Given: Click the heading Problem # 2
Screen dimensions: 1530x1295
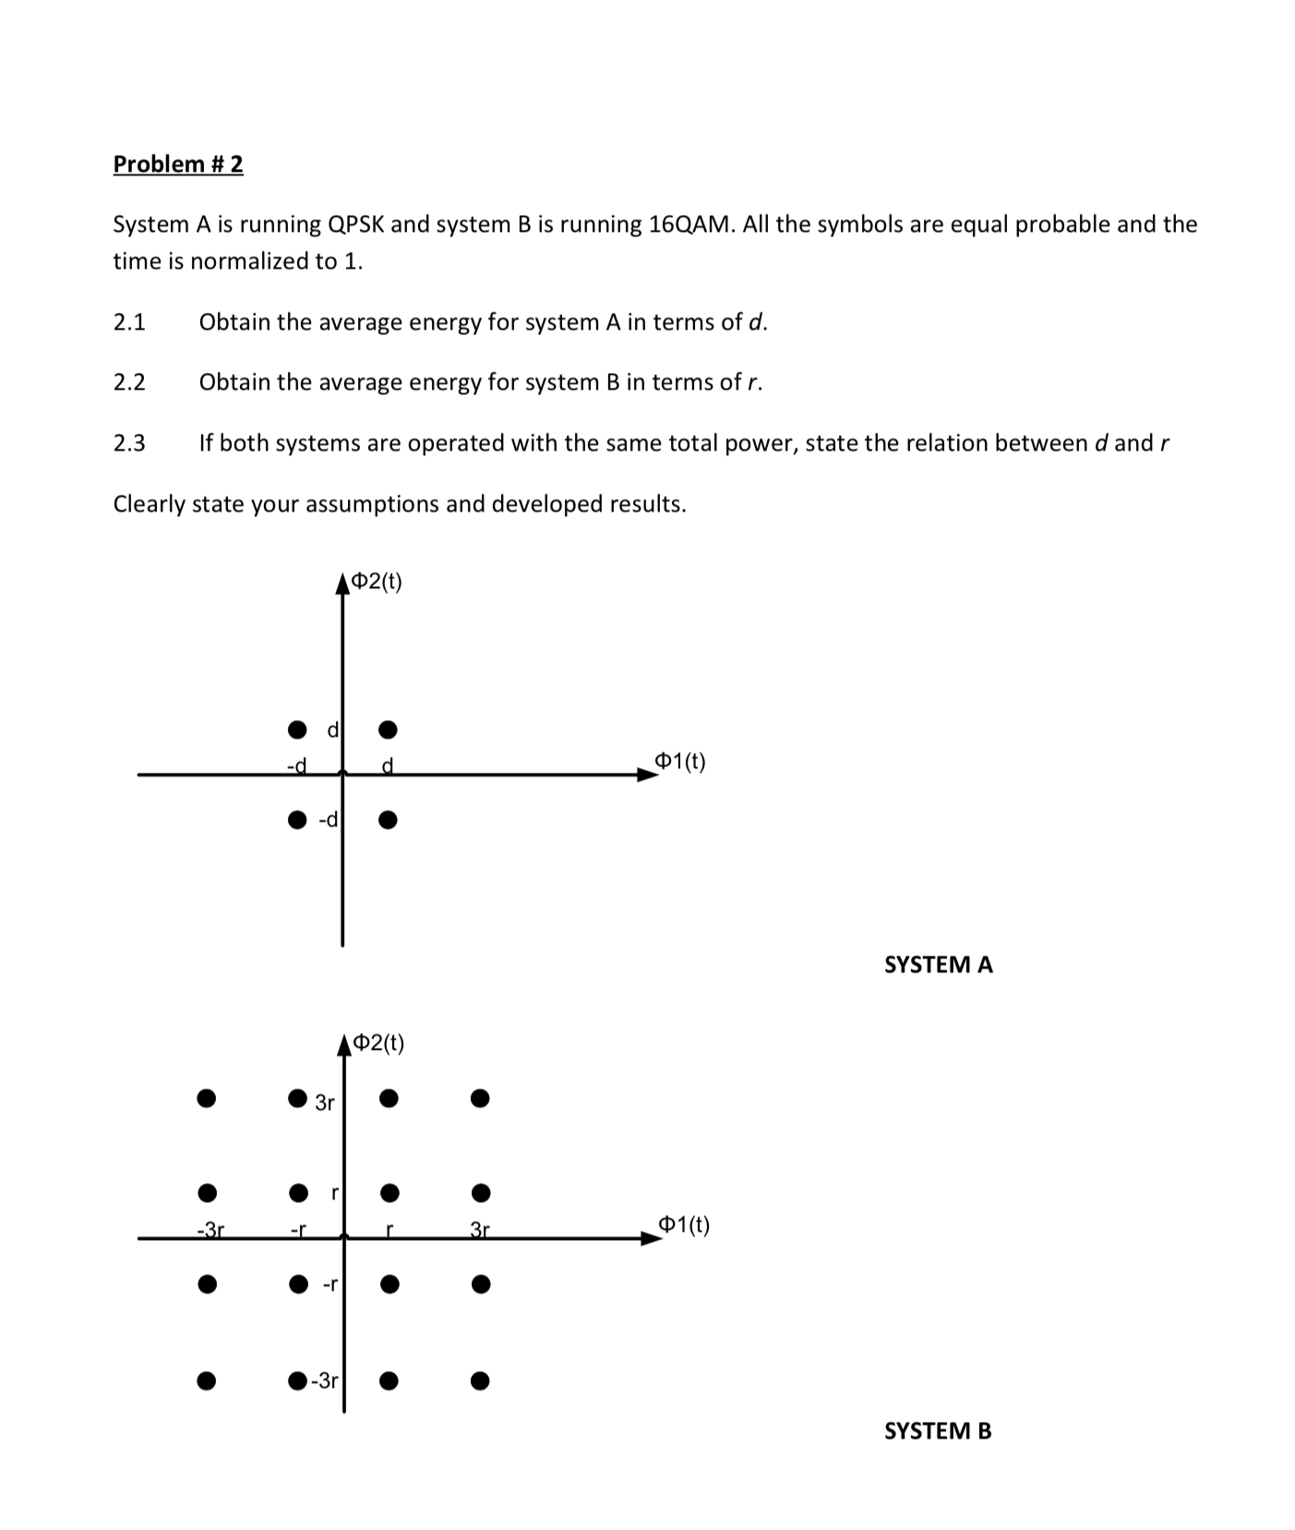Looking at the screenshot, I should point(178,163).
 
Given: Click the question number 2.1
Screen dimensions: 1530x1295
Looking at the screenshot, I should point(129,322).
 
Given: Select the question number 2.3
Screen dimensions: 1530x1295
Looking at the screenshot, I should point(129,443).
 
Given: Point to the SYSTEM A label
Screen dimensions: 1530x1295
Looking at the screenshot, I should point(938,964).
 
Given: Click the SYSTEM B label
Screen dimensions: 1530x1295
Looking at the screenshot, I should point(937,1430).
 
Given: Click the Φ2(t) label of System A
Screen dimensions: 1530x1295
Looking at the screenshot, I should point(378,582).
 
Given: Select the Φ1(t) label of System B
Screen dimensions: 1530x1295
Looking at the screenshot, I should point(683,1225).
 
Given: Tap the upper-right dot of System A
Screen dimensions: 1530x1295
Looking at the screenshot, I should point(388,729).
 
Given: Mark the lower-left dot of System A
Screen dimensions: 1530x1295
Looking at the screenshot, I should point(296,819).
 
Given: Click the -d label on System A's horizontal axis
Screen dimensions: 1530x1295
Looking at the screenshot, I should point(296,765).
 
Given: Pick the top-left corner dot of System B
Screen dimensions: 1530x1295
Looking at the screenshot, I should point(207,1098).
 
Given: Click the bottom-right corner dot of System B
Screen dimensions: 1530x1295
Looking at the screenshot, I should point(479,1381).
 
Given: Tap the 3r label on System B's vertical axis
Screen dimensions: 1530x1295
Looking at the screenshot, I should point(324,1102).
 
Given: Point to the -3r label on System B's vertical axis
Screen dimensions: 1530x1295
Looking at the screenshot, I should point(324,1381).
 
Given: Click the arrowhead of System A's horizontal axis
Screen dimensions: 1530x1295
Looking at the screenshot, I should point(650,775).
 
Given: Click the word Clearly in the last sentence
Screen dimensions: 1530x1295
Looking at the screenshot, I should point(149,504).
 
